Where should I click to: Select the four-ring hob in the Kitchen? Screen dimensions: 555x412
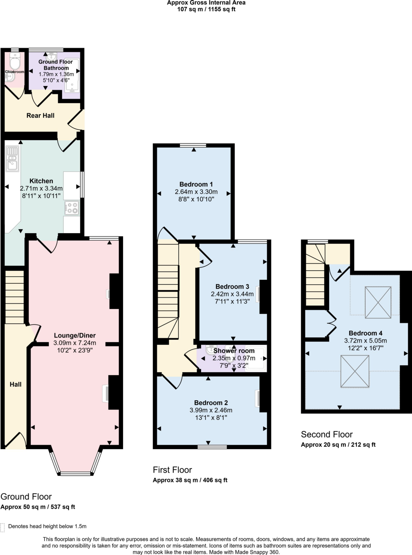tap(72, 208)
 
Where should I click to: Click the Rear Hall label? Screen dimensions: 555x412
tap(40, 116)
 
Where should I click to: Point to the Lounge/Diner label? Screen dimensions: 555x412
tap(74, 335)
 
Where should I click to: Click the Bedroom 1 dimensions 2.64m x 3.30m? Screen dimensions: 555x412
tap(196, 192)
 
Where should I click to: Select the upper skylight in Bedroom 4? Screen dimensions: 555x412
tap(378, 302)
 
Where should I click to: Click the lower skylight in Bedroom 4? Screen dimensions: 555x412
tap(355, 371)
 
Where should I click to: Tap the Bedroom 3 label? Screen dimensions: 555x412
tap(232, 286)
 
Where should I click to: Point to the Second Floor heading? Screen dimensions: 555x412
tap(327, 434)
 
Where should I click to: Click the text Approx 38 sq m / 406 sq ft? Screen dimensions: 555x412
tap(190, 480)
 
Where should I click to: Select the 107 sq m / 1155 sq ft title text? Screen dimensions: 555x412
tap(206, 9)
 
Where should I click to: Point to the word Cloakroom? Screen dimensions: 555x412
tap(15, 72)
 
